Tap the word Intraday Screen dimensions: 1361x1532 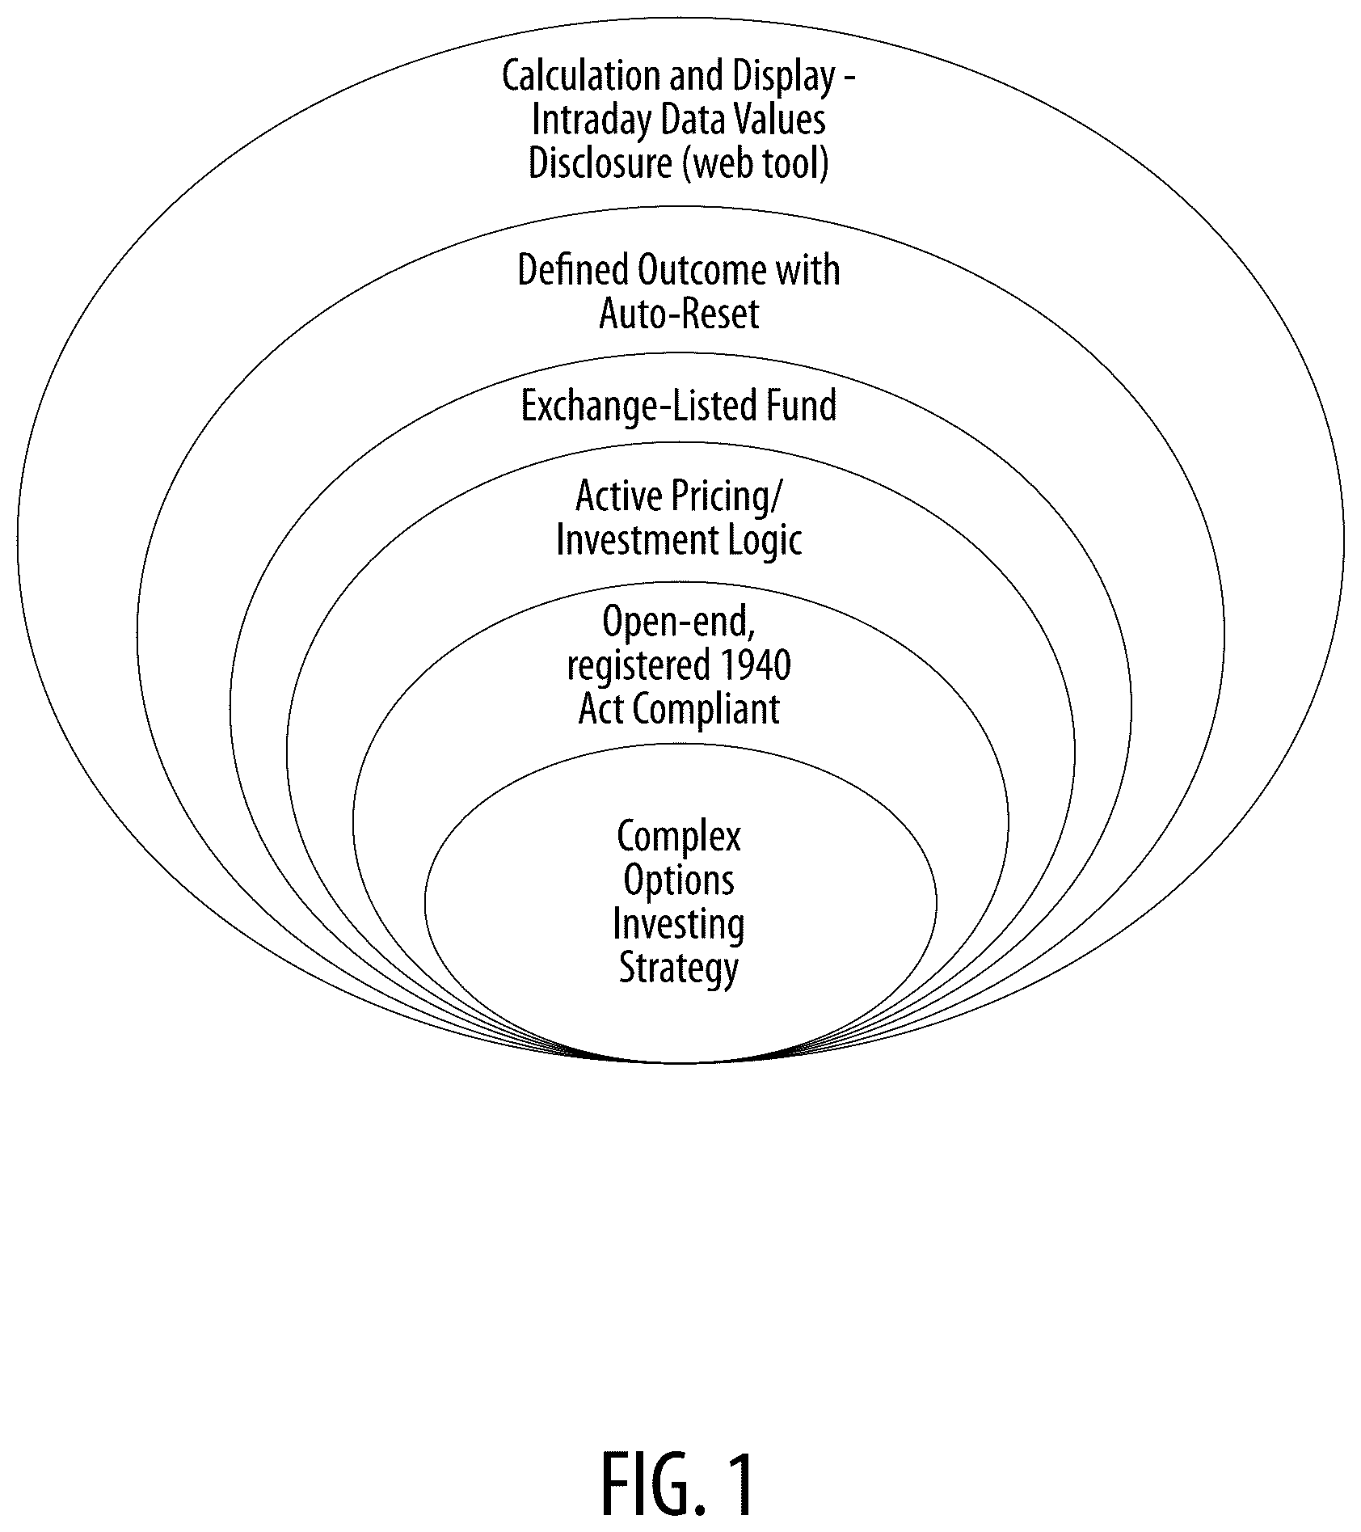point(592,120)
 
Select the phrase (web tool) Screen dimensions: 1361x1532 point(756,164)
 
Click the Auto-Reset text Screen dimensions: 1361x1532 point(679,314)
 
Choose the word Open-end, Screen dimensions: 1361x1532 point(679,623)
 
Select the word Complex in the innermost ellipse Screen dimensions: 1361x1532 point(679,838)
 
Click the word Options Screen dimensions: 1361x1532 point(679,881)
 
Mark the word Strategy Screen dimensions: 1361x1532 point(679,969)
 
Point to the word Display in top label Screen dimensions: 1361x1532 point(784,77)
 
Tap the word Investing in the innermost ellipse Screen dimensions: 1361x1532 point(679,925)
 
